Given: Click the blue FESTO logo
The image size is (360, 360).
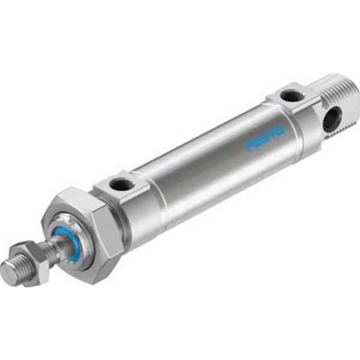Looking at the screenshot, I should [x=265, y=137].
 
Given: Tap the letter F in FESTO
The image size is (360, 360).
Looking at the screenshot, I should [x=248, y=146].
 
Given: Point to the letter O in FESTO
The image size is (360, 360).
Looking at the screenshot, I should [x=280, y=128].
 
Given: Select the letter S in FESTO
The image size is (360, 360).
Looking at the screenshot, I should [x=264, y=138].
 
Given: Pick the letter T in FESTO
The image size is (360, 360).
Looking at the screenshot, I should [x=272, y=133].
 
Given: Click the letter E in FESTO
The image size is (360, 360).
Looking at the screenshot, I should [x=256, y=142].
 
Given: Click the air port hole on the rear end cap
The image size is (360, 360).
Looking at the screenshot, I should [x=290, y=95].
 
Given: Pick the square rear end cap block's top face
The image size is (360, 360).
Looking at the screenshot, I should [x=289, y=97].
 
